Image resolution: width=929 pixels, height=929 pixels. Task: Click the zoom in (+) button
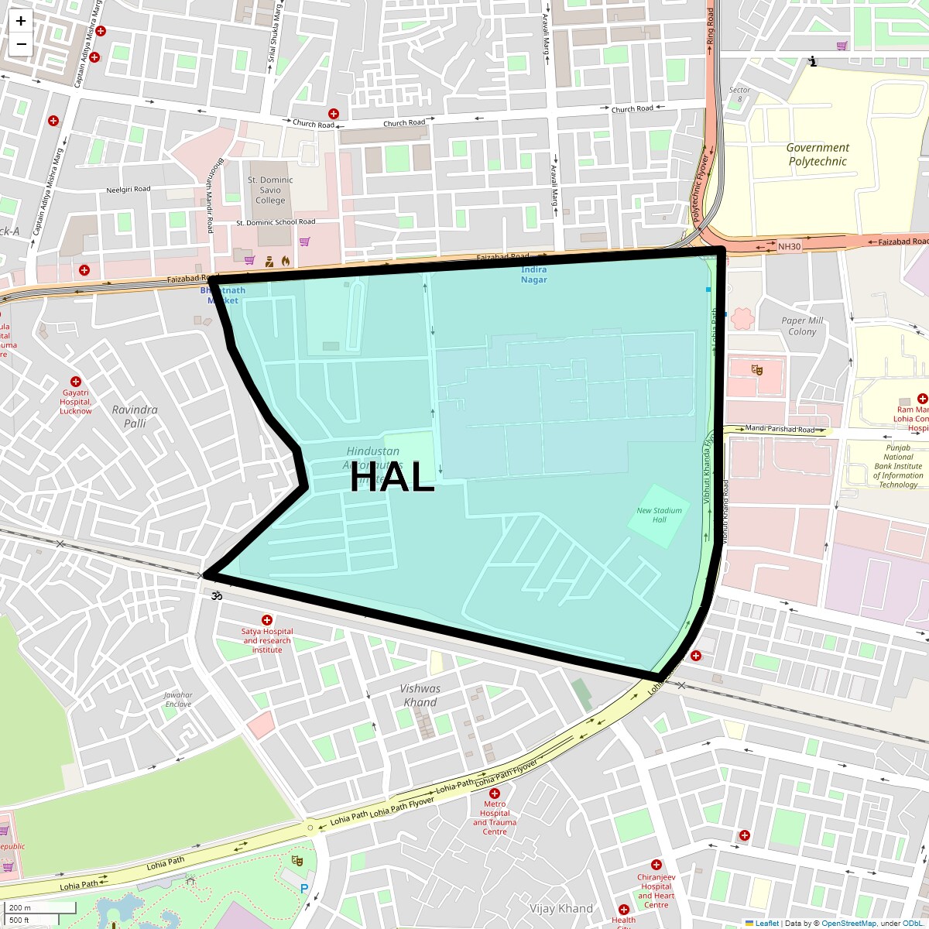click(x=21, y=22)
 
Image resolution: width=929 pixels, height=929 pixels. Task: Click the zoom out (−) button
click(x=21, y=44)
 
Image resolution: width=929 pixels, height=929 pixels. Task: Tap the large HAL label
click(x=392, y=478)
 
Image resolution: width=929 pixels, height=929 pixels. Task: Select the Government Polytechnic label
click(x=818, y=155)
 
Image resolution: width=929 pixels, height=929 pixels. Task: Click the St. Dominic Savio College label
click(x=270, y=190)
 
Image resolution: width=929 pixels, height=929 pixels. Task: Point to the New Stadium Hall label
click(x=659, y=515)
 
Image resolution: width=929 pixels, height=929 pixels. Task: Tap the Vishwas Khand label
click(x=420, y=695)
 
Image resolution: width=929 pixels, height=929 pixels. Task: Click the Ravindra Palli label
click(x=135, y=417)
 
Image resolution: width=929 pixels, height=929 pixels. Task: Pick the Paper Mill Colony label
click(x=802, y=326)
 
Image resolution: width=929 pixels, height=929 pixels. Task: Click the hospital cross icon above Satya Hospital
click(x=267, y=620)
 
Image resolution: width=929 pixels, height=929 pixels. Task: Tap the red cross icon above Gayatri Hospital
click(x=76, y=382)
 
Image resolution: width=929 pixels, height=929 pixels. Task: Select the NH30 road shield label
click(x=788, y=246)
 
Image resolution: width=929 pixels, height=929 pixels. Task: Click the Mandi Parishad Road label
click(x=780, y=430)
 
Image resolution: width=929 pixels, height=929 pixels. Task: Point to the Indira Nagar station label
click(x=534, y=275)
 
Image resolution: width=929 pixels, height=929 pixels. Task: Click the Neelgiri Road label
click(x=129, y=189)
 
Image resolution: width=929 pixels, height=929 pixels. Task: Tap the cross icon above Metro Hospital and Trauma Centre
click(x=495, y=794)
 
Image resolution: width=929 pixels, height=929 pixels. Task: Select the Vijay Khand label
click(x=561, y=909)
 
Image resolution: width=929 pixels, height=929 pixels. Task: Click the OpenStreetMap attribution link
click(x=848, y=924)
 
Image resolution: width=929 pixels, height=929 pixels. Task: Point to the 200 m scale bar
click(x=42, y=908)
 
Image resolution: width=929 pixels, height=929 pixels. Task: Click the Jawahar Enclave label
click(x=178, y=700)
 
